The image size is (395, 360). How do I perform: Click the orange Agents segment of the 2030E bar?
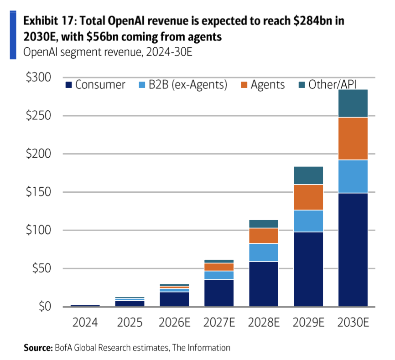coord(353,139)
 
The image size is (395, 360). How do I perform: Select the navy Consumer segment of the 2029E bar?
coord(308,269)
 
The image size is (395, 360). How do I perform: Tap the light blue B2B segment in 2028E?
coord(264,252)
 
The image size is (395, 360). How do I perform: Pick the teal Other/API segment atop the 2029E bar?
coord(308,175)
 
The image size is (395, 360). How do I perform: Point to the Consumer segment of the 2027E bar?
coord(219,293)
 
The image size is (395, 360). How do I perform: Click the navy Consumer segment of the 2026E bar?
coord(174,299)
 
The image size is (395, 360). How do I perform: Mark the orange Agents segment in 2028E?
coord(264,236)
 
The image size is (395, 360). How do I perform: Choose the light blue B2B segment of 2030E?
coord(353,176)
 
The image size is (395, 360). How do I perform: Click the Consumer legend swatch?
coord(68,85)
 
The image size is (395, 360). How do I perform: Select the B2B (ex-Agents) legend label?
coord(188,85)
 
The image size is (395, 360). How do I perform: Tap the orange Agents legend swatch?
coord(244,85)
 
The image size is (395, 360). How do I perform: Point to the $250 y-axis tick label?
coord(38,115)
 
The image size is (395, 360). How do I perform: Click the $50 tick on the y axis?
coord(42,268)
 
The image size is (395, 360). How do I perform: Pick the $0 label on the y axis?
coord(45,306)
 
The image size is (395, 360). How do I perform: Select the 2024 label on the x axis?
coord(85,323)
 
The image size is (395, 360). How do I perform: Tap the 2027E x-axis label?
coord(219,323)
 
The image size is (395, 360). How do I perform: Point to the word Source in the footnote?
coord(38,348)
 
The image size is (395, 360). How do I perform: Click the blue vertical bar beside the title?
coord(13,35)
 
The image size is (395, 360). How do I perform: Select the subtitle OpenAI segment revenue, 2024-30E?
coord(108,52)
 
